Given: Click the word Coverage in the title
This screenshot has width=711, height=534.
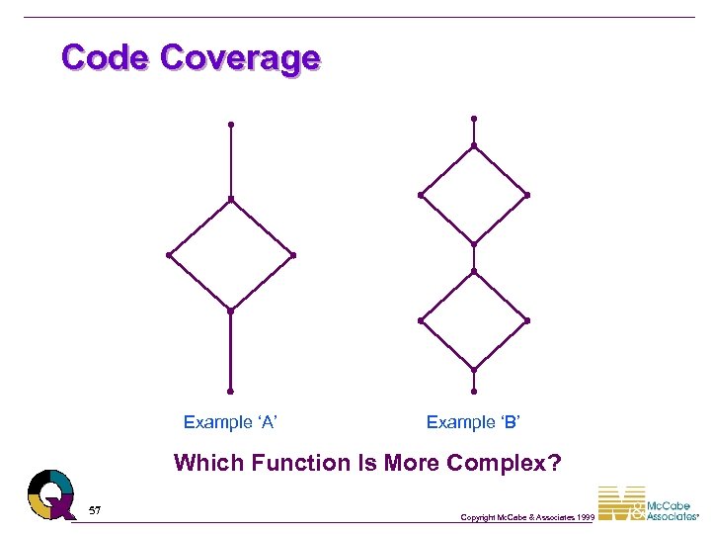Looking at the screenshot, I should (x=240, y=57).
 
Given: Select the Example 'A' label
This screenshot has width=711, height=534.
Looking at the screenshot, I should (x=230, y=422).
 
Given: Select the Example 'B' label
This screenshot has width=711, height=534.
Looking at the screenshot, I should (x=473, y=422).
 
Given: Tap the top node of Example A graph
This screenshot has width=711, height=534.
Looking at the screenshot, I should (x=230, y=125).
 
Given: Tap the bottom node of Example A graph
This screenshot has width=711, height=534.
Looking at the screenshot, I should (x=230, y=391).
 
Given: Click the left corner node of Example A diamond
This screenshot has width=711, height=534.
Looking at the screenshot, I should (x=169, y=255).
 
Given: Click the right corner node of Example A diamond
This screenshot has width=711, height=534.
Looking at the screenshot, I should (x=293, y=255).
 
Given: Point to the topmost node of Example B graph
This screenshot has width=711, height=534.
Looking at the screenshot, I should (x=474, y=119).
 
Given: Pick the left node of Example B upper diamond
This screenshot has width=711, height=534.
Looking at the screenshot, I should (x=421, y=195).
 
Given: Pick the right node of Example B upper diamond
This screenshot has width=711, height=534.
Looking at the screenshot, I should (x=527, y=195).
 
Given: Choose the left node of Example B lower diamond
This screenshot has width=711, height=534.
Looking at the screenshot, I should (x=421, y=320).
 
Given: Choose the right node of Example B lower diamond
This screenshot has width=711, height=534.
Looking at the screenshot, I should (x=527, y=320).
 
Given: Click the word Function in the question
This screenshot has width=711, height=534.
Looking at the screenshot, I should (x=289, y=463).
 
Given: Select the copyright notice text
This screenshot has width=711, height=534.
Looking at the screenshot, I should (x=527, y=517).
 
